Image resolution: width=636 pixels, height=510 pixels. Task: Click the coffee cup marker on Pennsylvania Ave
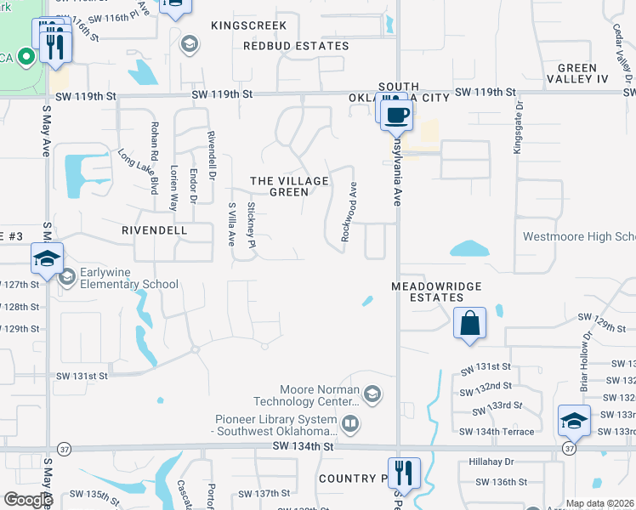[396, 115]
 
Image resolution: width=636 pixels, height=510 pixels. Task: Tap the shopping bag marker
[469, 323]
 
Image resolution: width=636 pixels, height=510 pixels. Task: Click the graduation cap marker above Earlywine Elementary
[47, 259]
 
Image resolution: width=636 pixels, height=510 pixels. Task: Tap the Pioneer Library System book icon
[349, 422]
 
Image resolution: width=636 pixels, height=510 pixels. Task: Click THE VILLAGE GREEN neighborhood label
[289, 186]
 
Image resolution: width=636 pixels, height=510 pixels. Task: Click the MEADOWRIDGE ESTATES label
[436, 292]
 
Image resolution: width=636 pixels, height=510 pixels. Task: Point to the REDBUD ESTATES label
[296, 46]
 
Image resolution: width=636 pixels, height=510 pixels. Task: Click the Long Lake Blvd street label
[139, 170]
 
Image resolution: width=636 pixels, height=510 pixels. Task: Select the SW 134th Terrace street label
[497, 432]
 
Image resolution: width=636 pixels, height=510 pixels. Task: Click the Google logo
[27, 500]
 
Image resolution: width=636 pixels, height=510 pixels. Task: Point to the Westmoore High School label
[579, 237]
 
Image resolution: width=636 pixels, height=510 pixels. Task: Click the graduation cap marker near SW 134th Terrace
[574, 422]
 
